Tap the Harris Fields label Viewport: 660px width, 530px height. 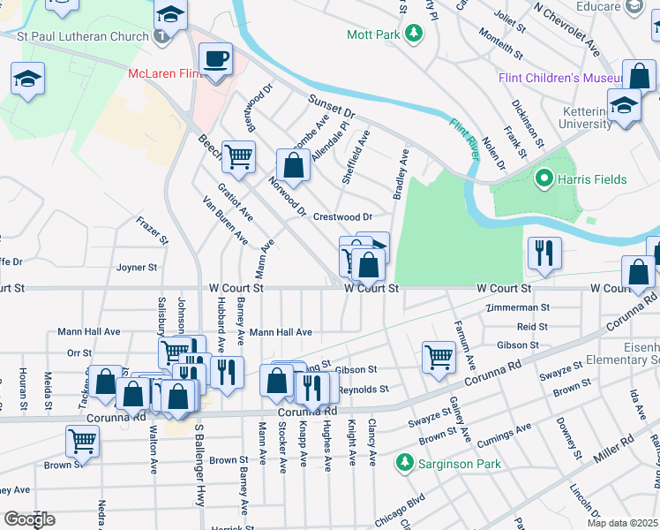(x=591, y=179)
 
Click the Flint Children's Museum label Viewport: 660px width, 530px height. (x=562, y=79)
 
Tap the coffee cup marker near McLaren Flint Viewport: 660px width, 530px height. (x=215, y=61)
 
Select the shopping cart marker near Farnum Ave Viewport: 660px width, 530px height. (x=439, y=357)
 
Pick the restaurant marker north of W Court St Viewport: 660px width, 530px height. (x=544, y=253)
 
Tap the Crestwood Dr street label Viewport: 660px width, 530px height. (x=343, y=216)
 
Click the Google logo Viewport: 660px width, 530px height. (x=29, y=519)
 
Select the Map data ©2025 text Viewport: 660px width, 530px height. (x=622, y=523)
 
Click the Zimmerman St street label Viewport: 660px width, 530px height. (x=518, y=308)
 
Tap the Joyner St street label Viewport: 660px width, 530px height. (x=137, y=267)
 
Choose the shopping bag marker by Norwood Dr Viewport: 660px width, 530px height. (x=293, y=164)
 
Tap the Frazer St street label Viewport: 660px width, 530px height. (x=152, y=229)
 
